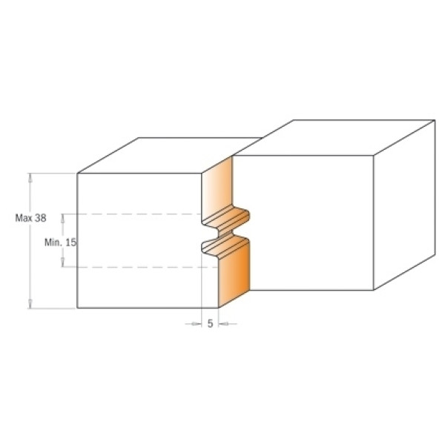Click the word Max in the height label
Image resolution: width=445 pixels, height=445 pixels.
(x=24, y=218)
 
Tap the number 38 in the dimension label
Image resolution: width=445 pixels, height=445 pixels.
(x=41, y=218)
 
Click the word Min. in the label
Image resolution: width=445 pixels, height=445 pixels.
(x=53, y=243)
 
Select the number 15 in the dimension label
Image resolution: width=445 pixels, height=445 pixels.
(x=71, y=243)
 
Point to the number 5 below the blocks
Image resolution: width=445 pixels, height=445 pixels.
(x=210, y=323)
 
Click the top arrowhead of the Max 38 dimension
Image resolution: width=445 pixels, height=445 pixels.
(x=31, y=177)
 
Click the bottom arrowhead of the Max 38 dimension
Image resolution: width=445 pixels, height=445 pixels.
(x=31, y=303)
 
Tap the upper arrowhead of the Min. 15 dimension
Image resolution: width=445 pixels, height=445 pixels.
(x=63, y=218)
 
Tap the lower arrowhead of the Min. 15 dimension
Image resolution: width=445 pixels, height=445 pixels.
(x=63, y=263)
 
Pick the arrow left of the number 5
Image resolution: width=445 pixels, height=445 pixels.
(x=194, y=323)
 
